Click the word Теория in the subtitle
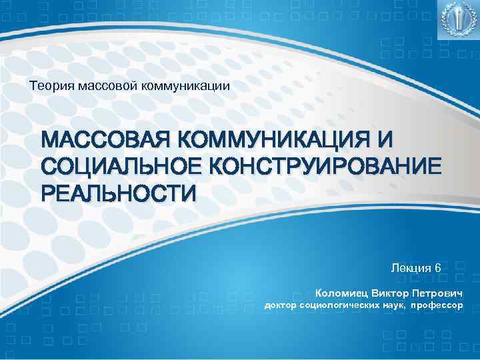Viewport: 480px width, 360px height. pos(48,85)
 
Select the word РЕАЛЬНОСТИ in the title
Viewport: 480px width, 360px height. pos(119,193)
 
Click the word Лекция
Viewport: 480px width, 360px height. pos(411,267)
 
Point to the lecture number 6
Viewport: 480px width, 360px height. pos(437,267)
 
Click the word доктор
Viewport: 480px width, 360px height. pos(280,306)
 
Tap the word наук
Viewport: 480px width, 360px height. pos(392,306)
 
